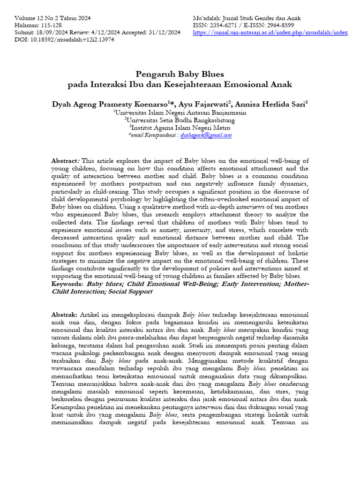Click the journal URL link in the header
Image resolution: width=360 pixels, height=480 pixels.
[270, 33]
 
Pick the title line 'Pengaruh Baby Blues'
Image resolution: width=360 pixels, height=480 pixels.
[180, 74]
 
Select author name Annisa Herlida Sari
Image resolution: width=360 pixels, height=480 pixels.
[269, 104]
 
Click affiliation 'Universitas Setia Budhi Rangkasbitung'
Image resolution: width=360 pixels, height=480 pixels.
[180, 120]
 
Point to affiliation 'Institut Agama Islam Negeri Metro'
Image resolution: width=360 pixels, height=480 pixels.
[180, 127]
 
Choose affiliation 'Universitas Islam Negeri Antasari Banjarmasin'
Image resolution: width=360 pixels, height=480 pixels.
[180, 112]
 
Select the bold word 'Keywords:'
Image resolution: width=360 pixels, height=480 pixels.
[67, 285]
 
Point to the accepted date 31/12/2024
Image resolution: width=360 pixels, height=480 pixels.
[164, 33]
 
